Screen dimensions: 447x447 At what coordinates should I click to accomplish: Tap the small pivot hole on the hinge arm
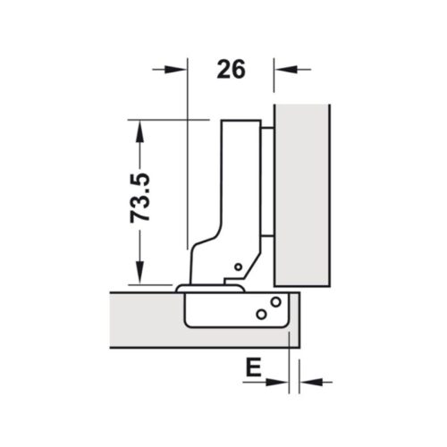(238, 266)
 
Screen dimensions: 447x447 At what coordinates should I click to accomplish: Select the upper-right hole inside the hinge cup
(276, 301)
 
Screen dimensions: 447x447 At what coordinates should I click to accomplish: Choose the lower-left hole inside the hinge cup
(261, 314)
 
